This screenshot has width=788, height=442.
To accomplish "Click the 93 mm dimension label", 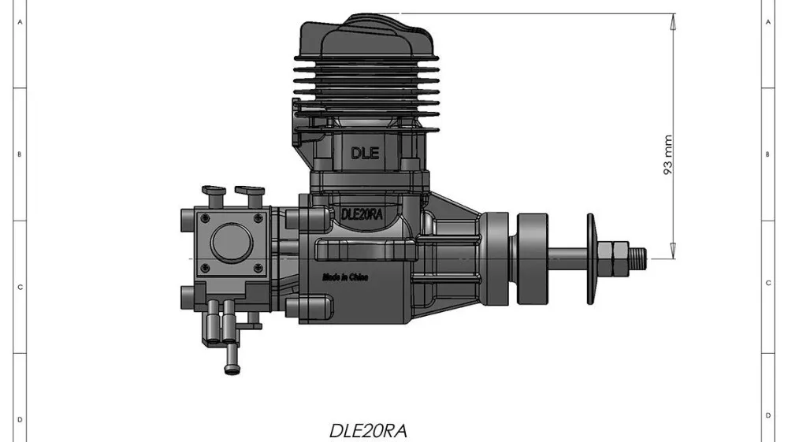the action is [x=668, y=154].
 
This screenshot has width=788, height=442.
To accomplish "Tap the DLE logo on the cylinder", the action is [x=365, y=153].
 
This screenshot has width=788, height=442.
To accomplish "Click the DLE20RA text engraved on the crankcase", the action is [x=362, y=214].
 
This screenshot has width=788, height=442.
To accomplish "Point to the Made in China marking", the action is [x=345, y=277].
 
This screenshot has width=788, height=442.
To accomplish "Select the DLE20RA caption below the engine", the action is [x=368, y=431].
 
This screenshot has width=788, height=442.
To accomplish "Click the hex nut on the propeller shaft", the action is [x=614, y=258].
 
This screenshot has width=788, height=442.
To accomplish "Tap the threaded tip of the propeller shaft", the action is [x=637, y=258].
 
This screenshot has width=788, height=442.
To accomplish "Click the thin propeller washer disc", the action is [x=590, y=258].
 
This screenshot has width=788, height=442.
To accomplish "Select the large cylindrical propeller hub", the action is [x=532, y=258].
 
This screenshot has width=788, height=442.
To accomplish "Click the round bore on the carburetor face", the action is [x=232, y=242].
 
